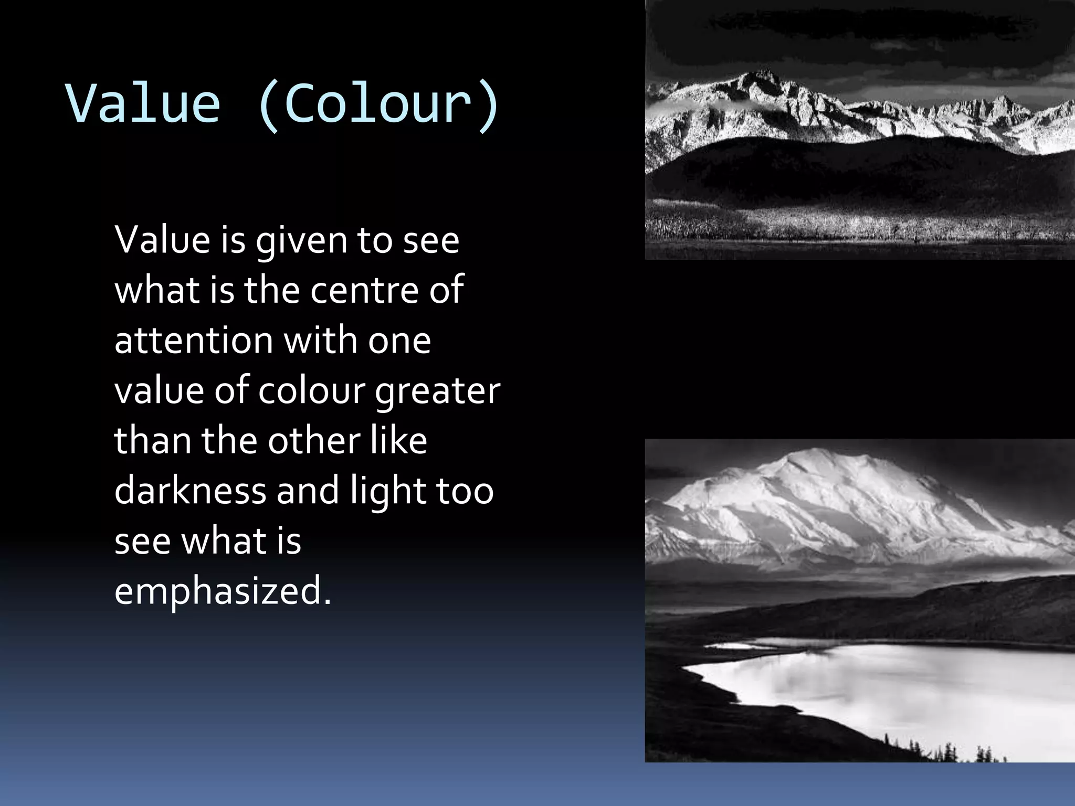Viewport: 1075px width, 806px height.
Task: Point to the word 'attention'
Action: click(x=193, y=340)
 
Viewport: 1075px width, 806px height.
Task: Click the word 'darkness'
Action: click(x=190, y=491)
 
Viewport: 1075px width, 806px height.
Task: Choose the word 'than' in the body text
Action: click(x=152, y=440)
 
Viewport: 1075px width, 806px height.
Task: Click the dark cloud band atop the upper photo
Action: click(x=861, y=26)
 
